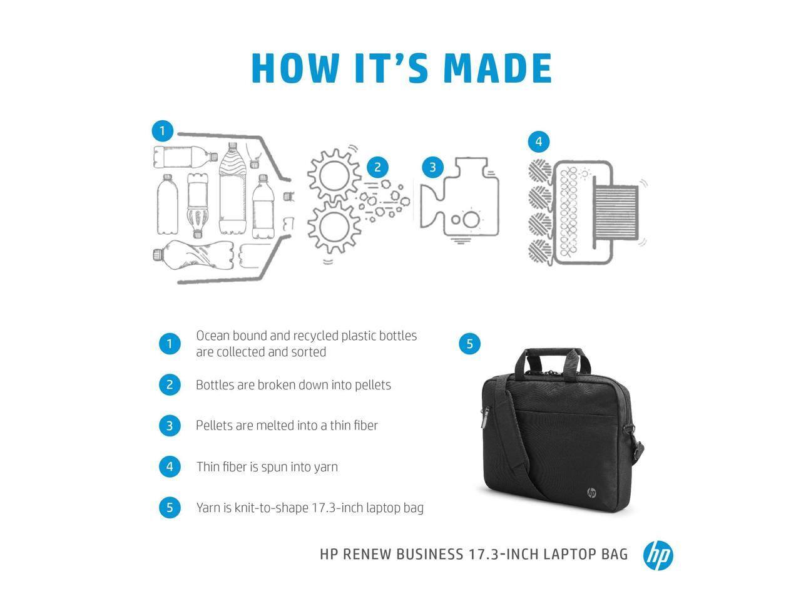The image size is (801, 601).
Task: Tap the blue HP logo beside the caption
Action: [x=658, y=555]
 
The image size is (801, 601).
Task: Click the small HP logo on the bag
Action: [x=591, y=493]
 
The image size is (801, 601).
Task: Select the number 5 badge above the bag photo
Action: [x=470, y=343]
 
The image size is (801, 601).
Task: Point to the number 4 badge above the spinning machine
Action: [x=539, y=141]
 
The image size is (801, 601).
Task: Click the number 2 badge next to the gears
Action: [x=377, y=167]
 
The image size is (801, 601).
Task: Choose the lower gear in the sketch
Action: [x=333, y=227]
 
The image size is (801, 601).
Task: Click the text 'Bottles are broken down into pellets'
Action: [x=293, y=385]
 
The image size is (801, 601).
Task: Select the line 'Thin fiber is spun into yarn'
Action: [x=267, y=467]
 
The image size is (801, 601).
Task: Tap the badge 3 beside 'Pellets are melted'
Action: [x=170, y=426]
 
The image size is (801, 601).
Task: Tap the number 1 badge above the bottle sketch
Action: [x=162, y=131]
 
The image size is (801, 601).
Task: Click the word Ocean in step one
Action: [x=213, y=336]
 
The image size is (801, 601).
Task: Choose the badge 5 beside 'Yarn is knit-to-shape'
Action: [x=170, y=507]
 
